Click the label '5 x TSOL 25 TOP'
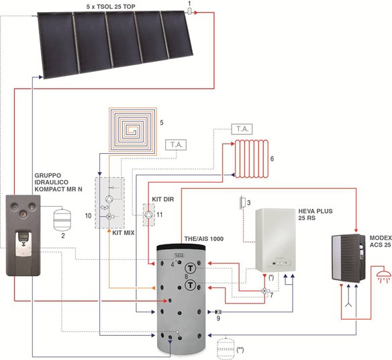(x=111, y=7)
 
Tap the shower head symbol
(x=383, y=276)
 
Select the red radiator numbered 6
(x=251, y=159)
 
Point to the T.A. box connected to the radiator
(x=242, y=129)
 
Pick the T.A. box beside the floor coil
(x=176, y=145)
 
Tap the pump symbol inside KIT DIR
(x=149, y=214)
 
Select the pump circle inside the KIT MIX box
(x=109, y=199)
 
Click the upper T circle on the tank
(x=191, y=269)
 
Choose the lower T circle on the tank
(x=191, y=285)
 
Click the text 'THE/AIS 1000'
(x=204, y=239)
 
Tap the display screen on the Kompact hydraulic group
(x=24, y=236)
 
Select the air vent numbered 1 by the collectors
(x=189, y=11)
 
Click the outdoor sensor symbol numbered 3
(x=242, y=202)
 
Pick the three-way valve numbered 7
(x=264, y=291)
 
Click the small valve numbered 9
(x=218, y=312)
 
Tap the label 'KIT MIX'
(x=124, y=233)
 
